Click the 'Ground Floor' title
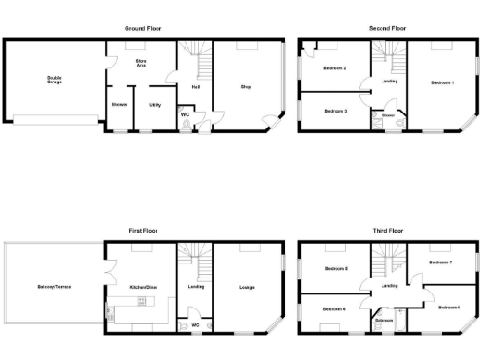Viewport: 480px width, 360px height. point(143,29)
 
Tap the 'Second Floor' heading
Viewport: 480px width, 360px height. point(387,29)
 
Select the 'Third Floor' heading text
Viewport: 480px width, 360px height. point(387,230)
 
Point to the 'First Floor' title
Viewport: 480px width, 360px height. point(143,230)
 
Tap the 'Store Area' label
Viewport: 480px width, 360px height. point(141,64)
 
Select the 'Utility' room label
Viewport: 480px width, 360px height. point(155,104)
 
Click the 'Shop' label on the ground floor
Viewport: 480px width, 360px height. point(246,87)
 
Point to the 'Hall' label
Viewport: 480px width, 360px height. point(195,87)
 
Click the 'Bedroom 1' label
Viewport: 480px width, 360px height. point(442,83)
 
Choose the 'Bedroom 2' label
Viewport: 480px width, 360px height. point(335,68)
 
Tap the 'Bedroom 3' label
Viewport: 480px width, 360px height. point(335,111)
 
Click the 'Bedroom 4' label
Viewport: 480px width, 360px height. point(448,307)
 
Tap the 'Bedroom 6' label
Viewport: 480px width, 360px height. point(335,308)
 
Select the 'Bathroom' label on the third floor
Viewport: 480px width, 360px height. point(384,320)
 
